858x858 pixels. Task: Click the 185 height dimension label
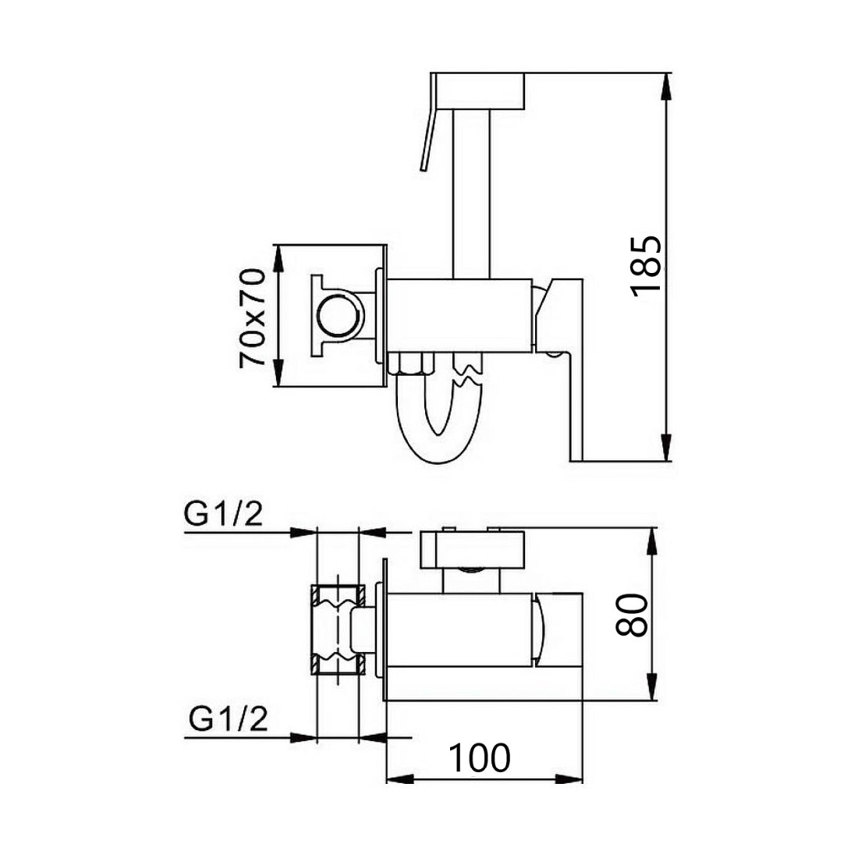point(647,267)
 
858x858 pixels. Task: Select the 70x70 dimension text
point(252,317)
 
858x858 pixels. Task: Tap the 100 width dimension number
point(480,758)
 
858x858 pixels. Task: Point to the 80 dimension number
point(632,615)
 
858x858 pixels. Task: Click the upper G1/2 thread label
point(223,514)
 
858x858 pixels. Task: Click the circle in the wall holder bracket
point(340,316)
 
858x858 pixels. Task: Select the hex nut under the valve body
point(412,364)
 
